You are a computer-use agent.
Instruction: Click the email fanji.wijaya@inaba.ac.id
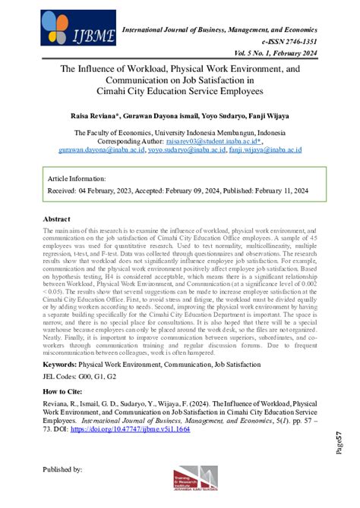[x=267, y=150]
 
